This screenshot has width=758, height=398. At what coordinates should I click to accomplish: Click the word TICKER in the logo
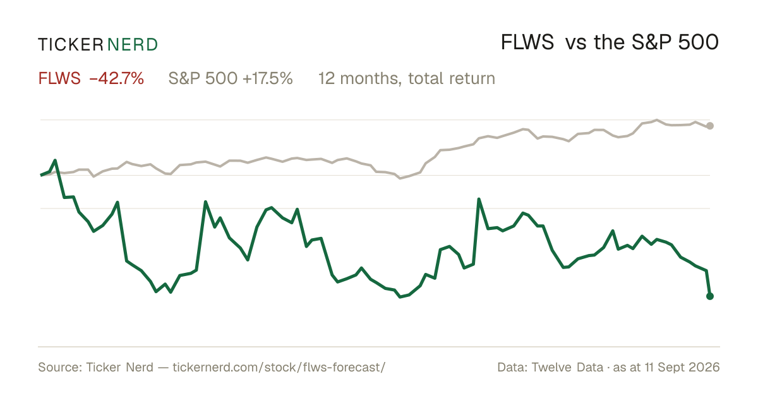pyautogui.click(x=70, y=45)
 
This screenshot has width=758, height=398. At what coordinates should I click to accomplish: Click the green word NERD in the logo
pyautogui.click(x=132, y=45)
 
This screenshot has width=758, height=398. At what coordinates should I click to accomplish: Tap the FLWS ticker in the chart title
pyautogui.click(x=527, y=43)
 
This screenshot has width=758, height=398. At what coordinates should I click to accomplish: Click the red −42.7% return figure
pyautogui.click(x=116, y=78)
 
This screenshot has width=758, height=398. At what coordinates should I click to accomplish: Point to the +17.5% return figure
pyautogui.click(x=267, y=78)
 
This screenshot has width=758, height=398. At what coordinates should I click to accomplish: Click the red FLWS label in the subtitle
pyautogui.click(x=59, y=78)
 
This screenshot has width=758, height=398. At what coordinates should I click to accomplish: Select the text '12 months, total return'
pyautogui.click(x=406, y=79)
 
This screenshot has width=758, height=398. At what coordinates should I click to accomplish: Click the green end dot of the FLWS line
pyautogui.click(x=710, y=296)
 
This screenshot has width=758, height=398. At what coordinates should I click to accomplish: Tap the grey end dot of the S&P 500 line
pyautogui.click(x=710, y=126)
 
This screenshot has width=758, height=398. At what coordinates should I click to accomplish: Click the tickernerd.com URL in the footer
pyautogui.click(x=279, y=367)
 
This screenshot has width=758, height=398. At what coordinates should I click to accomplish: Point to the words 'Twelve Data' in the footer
pyautogui.click(x=567, y=367)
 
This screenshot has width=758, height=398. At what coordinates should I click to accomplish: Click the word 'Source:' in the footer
pyautogui.click(x=60, y=367)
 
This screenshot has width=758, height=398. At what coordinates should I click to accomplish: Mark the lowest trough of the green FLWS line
pyautogui.click(x=400, y=297)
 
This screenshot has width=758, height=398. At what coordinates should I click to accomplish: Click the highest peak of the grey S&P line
pyautogui.click(x=657, y=120)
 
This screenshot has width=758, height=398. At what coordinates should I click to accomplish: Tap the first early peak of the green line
pyautogui.click(x=55, y=160)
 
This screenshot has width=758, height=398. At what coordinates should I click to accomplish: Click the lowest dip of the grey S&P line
pyautogui.click(x=400, y=178)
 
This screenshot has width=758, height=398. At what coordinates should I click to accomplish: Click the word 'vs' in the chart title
pyautogui.click(x=575, y=44)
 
